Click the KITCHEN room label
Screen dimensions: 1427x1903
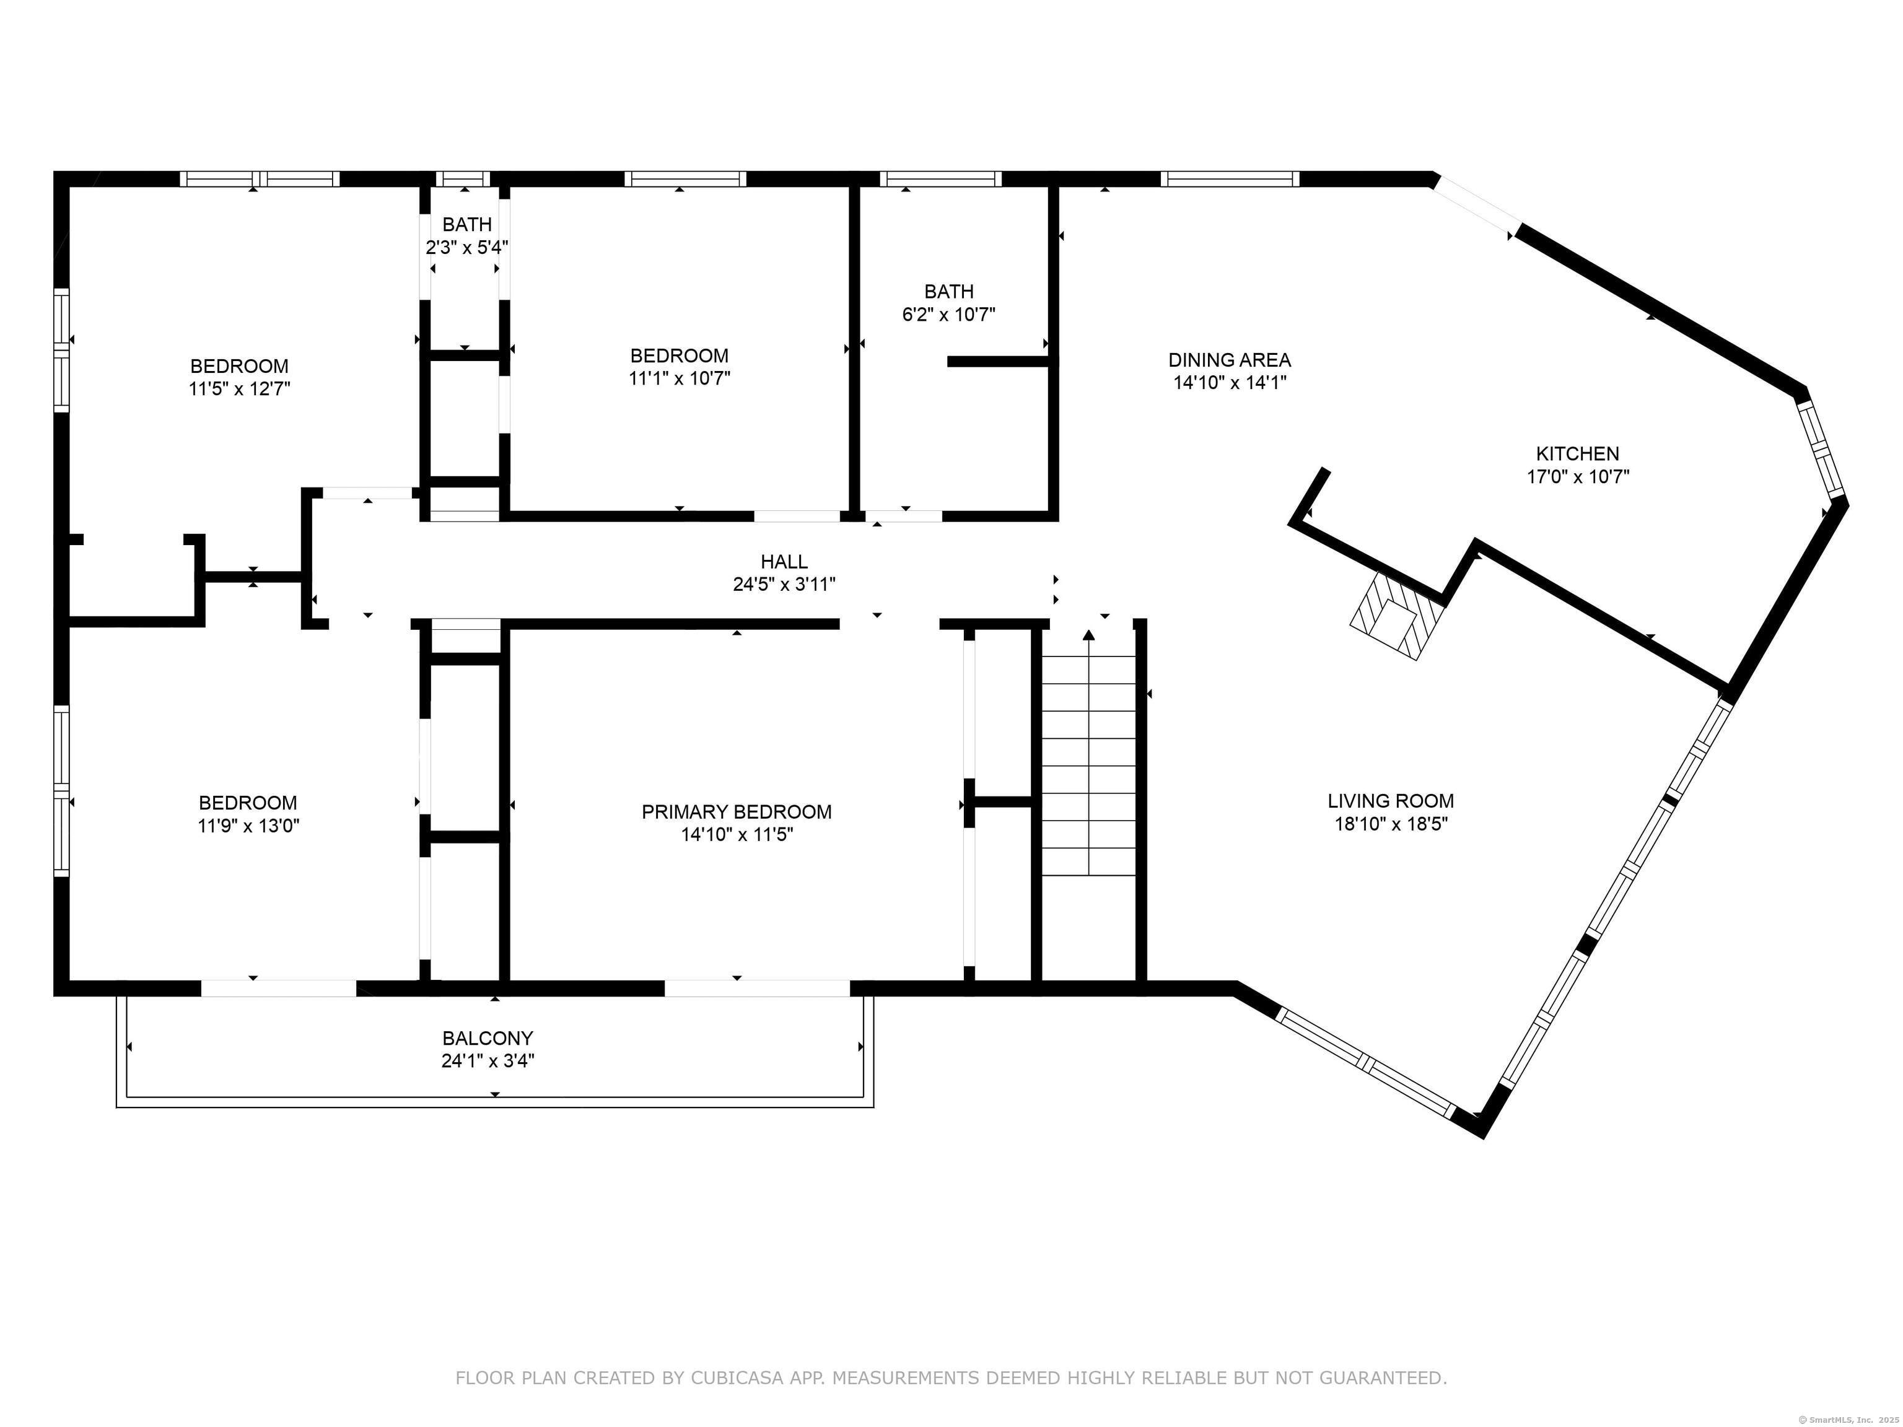pyautogui.click(x=1577, y=453)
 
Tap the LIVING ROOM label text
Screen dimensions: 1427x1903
pyautogui.click(x=1390, y=801)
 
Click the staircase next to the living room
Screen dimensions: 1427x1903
pyautogui.click(x=1089, y=766)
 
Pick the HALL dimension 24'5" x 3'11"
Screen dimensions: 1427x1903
pyautogui.click(x=784, y=585)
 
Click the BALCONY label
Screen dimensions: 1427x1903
pyautogui.click(x=488, y=1038)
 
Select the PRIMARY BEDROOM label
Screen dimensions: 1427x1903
pyautogui.click(x=737, y=811)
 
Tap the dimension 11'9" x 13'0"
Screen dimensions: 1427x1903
pyautogui.click(x=248, y=826)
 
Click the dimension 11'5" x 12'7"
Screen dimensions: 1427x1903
pyautogui.click(x=239, y=389)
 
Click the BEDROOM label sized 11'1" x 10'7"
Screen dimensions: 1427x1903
pyautogui.click(x=679, y=356)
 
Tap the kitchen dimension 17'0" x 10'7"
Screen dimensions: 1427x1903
pyautogui.click(x=1577, y=476)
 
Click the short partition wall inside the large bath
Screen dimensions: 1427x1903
pyautogui.click(x=998, y=361)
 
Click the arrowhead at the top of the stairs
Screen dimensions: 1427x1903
pyautogui.click(x=1089, y=635)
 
